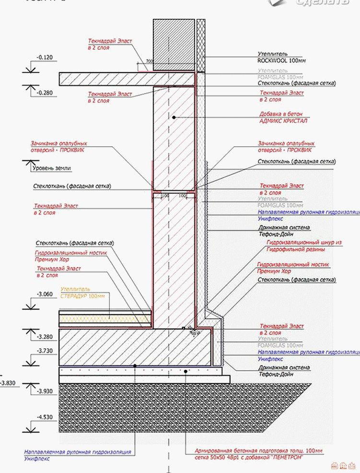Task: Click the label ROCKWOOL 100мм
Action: pos(281,61)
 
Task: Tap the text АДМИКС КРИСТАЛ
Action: pos(282,121)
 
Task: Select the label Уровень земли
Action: pos(51,168)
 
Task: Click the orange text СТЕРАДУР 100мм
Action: pos(82,296)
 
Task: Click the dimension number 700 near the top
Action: pos(150,61)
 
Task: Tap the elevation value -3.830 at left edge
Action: pos(8,382)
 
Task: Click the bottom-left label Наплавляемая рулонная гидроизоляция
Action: pos(77,452)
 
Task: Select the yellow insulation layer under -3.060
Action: pos(105,317)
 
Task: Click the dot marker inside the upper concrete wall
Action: pos(174,117)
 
